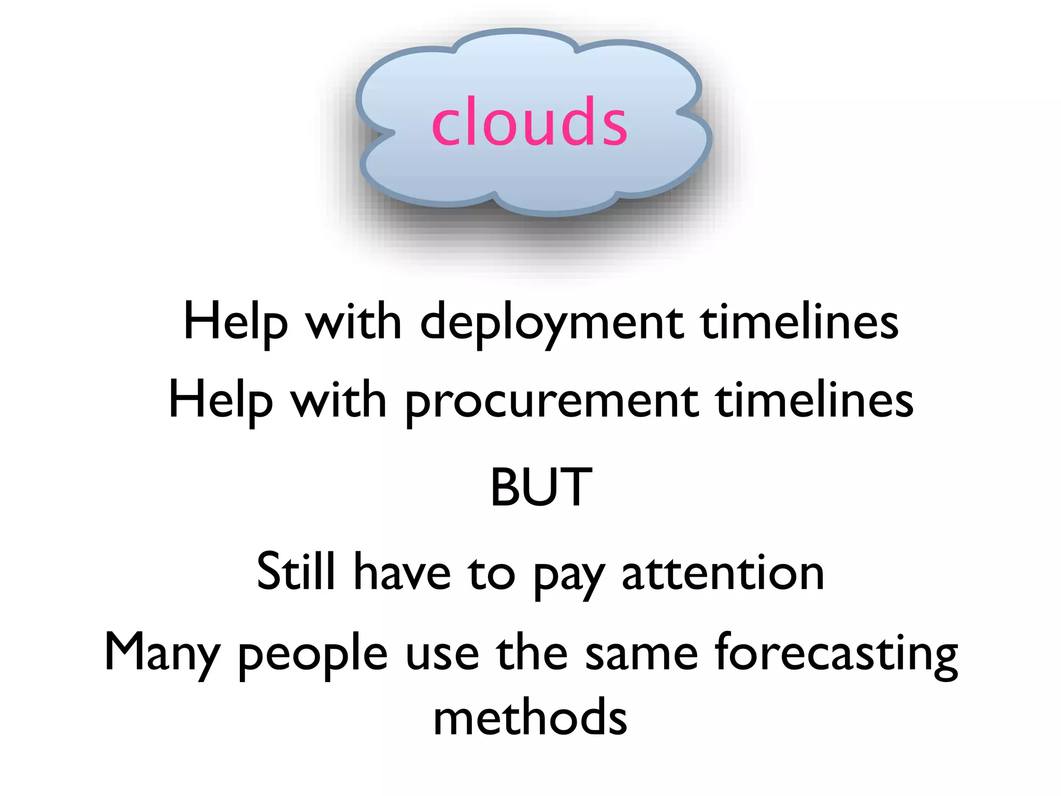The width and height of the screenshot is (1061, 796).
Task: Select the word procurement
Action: [551, 402]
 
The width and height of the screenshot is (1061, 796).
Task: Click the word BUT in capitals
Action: [541, 487]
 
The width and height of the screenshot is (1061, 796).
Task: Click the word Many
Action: [162, 652]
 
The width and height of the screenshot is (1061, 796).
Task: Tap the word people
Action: [313, 655]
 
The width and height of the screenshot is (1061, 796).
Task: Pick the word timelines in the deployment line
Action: [799, 322]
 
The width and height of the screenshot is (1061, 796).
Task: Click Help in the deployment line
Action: [235, 322]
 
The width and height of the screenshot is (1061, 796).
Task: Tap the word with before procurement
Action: [338, 401]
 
